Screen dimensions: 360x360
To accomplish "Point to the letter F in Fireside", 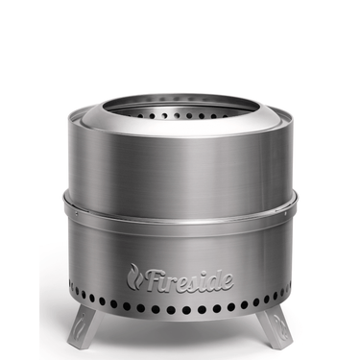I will pyautogui.click(x=151, y=277).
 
